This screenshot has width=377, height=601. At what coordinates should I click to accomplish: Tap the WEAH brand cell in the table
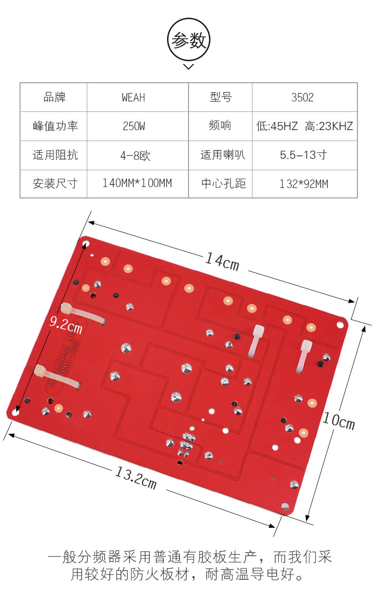[133, 98]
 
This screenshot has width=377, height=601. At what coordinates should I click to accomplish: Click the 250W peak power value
[134, 126]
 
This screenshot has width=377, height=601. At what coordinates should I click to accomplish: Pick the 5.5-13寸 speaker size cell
[304, 155]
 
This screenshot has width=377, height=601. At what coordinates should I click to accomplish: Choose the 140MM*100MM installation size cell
[137, 183]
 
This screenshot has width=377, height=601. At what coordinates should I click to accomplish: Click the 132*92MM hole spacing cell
[304, 184]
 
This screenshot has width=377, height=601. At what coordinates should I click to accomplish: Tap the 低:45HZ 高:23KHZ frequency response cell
[304, 126]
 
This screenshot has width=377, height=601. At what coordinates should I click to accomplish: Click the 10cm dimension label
[338, 421]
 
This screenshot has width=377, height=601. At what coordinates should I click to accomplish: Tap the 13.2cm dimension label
[136, 477]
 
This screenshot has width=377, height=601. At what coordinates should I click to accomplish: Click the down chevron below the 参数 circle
[188, 66]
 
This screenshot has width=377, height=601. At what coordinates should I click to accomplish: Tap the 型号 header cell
[220, 98]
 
